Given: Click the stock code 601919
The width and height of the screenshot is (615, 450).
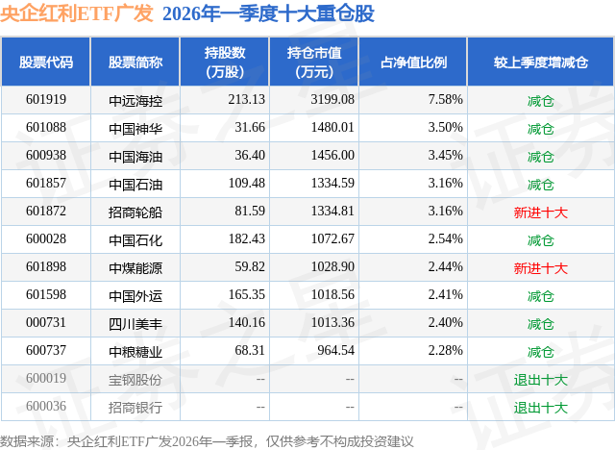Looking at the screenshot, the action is pyautogui.click(x=46, y=100).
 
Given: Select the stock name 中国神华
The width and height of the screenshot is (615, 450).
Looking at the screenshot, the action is pyautogui.click(x=135, y=129).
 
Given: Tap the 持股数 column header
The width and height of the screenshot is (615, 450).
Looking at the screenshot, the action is pyautogui.click(x=225, y=53).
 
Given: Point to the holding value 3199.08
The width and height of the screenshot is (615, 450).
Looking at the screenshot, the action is pyautogui.click(x=332, y=100).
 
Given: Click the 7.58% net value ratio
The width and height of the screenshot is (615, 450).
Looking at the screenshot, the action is pyautogui.click(x=445, y=100).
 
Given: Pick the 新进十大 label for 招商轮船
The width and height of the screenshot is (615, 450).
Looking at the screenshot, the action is pyautogui.click(x=540, y=212).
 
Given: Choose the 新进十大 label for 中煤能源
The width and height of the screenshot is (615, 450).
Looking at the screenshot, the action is pyautogui.click(x=540, y=268).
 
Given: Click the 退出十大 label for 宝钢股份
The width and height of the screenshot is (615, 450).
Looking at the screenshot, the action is pyautogui.click(x=540, y=380).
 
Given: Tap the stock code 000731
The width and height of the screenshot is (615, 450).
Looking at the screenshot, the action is pyautogui.click(x=46, y=322).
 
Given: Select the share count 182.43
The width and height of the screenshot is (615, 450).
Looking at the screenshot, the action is pyautogui.click(x=247, y=238).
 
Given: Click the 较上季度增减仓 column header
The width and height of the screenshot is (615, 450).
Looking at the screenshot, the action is pyautogui.click(x=541, y=62).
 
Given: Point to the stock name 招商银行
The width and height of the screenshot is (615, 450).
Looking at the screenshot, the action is pyautogui.click(x=135, y=408).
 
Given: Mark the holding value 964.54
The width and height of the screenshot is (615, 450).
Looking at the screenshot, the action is pyautogui.click(x=335, y=350).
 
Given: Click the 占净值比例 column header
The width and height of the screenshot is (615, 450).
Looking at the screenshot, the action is pyautogui.click(x=413, y=62).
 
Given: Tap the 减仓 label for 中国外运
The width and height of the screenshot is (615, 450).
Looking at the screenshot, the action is pyautogui.click(x=540, y=296).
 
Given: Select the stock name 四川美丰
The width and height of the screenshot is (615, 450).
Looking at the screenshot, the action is pyautogui.click(x=135, y=324).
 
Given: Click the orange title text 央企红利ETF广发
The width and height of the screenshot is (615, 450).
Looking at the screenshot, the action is pyautogui.click(x=77, y=12).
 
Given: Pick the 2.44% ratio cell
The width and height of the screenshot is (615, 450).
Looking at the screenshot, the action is pyautogui.click(x=445, y=266).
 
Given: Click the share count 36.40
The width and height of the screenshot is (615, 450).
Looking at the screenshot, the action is pyautogui.click(x=250, y=156).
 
